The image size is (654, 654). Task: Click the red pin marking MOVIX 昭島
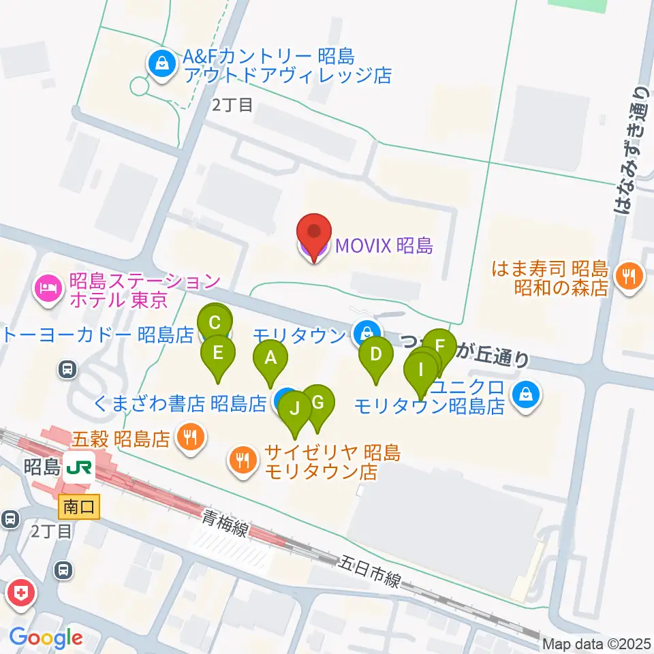[313, 234]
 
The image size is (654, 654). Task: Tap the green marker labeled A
[270, 358]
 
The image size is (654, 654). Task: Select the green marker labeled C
[215, 322]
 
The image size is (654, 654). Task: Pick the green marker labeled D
[375, 354]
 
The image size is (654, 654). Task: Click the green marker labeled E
[218, 353]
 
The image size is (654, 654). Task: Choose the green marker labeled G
[317, 403]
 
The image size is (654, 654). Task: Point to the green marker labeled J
[295, 409]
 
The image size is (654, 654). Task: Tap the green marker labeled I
[421, 369]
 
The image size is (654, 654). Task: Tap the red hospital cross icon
[20, 593]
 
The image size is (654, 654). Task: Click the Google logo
[46, 638]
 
